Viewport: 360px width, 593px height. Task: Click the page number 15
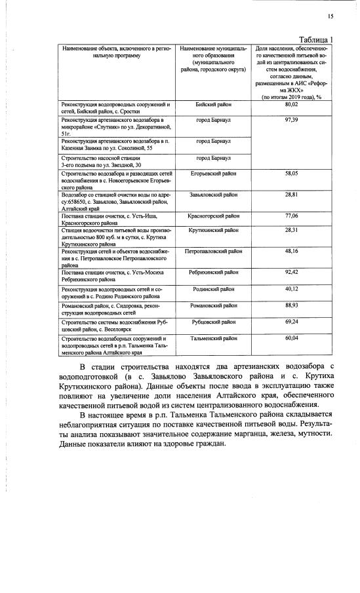tap(330, 17)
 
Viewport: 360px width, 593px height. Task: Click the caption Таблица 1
tap(316, 39)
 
